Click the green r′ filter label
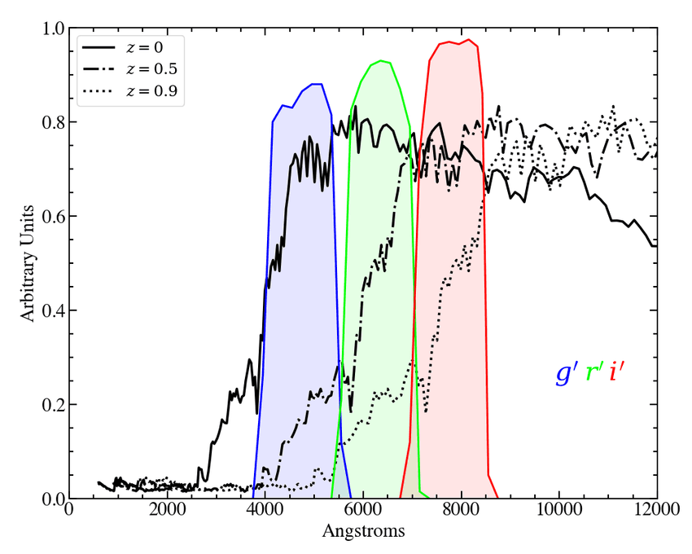(x=594, y=373)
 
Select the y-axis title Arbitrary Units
(x=28, y=263)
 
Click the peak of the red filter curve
(x=468, y=40)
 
